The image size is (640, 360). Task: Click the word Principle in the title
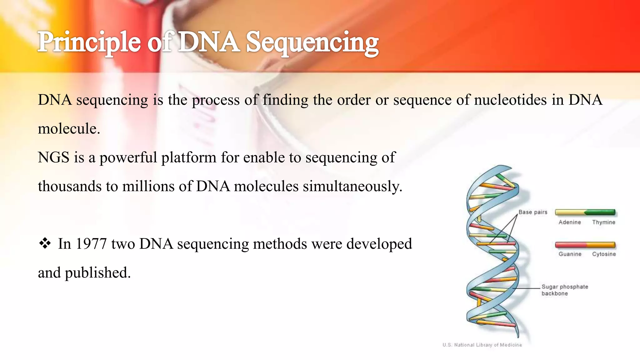pos(89,42)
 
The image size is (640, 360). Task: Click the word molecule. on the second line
pos(69,129)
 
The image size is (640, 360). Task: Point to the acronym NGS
pos(53,157)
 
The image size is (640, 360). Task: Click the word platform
pos(189,157)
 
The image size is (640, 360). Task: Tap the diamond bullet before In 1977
pos(45,243)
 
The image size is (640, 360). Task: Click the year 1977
pos(91,244)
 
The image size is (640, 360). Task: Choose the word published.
pos(98,273)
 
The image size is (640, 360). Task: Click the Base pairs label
pos(533,212)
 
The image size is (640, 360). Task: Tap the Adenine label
pos(570,222)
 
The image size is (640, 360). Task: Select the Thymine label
pos(603,222)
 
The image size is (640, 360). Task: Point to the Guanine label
pos(570,254)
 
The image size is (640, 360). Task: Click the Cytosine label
pos(604,254)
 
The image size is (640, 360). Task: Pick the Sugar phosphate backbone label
pos(564,290)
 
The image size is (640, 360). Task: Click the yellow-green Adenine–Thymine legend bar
pos(585,212)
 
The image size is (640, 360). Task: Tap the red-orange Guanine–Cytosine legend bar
pos(585,245)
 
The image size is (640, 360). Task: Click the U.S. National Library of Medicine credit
pos(482,345)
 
